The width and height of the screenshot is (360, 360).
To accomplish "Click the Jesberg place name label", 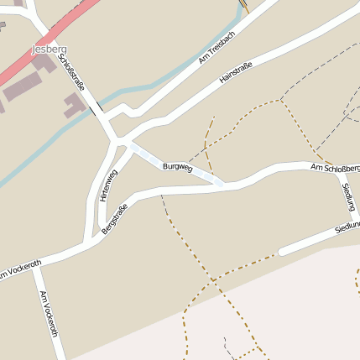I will click(x=49, y=50).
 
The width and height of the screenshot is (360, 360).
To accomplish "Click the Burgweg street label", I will click(x=178, y=168).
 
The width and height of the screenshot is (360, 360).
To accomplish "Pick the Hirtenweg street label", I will click(x=107, y=185).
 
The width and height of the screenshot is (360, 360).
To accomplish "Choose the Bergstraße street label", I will click(x=114, y=217).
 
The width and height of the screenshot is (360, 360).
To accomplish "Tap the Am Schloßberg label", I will click(x=335, y=169).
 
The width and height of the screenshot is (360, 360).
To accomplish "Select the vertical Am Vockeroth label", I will click(x=48, y=313).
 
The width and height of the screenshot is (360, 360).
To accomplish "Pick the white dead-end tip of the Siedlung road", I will click(x=283, y=250).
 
